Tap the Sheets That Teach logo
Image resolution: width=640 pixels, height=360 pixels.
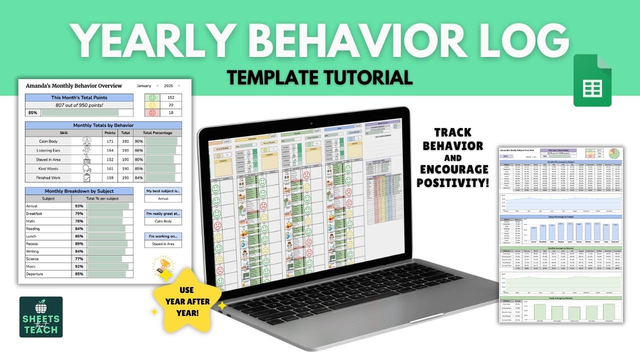pos(41,317)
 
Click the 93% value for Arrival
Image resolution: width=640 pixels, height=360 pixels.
pos(79,206)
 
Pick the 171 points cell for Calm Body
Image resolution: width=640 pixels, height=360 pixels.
pos(109,141)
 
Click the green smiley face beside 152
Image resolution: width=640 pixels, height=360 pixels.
pos(153,98)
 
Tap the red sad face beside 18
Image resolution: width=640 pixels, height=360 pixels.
pos(153,113)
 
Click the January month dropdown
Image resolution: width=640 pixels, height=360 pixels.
pos(147,86)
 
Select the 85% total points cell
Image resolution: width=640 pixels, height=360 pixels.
pos(33,113)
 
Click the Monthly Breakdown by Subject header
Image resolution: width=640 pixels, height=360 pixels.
pos(79,191)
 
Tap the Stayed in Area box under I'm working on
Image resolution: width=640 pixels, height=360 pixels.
pos(163,244)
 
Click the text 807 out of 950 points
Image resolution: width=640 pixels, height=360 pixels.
pos(79,105)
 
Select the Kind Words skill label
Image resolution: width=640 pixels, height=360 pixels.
pos(48,168)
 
